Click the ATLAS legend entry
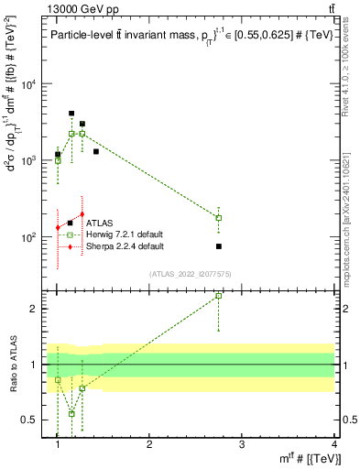pos(99,223)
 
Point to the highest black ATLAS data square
pos(71,114)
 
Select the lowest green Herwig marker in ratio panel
pos(71,413)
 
